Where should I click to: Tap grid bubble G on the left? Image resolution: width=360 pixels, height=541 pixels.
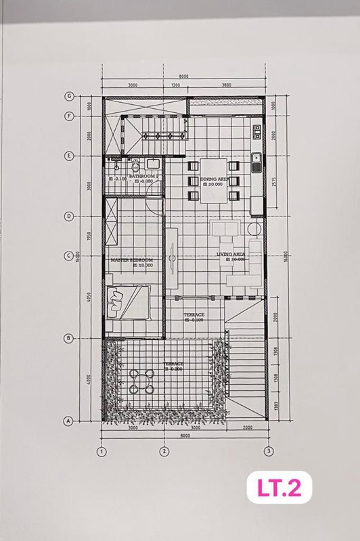click(68, 97)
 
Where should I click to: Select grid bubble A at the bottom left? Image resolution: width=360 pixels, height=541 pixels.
click(68, 421)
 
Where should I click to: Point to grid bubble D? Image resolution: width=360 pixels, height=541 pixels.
click(68, 216)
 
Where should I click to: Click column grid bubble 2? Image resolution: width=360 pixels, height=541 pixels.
click(163, 451)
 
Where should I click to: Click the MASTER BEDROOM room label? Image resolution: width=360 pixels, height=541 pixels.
click(131, 260)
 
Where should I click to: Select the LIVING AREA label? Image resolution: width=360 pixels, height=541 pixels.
click(230, 254)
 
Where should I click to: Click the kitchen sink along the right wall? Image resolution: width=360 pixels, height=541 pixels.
click(256, 161)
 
